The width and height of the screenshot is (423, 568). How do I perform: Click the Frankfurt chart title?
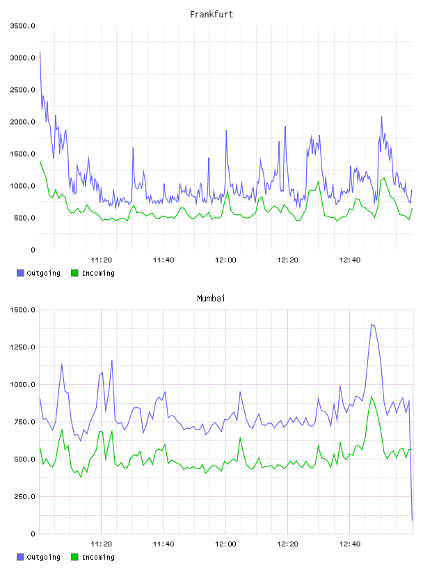(x=211, y=15)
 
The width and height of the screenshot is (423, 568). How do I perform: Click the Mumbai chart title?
(x=211, y=299)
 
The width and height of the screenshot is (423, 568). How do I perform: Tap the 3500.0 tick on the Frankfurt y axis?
(x=22, y=26)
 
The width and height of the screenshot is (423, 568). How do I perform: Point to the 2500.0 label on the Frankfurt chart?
(x=22, y=90)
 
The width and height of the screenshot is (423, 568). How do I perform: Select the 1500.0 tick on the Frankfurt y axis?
(x=22, y=154)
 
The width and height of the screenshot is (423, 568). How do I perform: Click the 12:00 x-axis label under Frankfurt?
(x=225, y=260)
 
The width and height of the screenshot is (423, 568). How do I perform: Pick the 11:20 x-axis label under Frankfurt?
(x=101, y=260)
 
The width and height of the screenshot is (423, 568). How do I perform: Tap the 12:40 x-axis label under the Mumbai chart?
(x=349, y=544)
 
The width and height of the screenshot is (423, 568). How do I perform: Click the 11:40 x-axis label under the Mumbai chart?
(x=163, y=544)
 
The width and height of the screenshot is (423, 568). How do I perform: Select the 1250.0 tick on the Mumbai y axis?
(x=22, y=347)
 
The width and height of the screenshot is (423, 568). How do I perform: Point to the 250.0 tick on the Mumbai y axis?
(x=24, y=496)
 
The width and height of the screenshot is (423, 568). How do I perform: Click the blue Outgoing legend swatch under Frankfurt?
(x=20, y=273)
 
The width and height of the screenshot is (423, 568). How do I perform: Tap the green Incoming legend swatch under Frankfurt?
(x=74, y=273)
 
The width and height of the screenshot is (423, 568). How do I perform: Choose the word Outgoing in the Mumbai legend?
(x=43, y=558)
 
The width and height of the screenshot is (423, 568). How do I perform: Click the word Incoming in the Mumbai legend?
(x=98, y=558)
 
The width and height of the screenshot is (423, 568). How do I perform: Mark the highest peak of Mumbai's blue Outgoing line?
(x=372, y=325)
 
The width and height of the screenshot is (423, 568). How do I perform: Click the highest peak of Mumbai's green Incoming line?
(x=372, y=397)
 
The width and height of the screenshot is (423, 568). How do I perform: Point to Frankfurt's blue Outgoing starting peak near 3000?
(x=40, y=52)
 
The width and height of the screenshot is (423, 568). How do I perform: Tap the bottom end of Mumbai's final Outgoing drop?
(x=412, y=520)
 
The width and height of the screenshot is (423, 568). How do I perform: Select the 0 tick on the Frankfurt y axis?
(x=33, y=250)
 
